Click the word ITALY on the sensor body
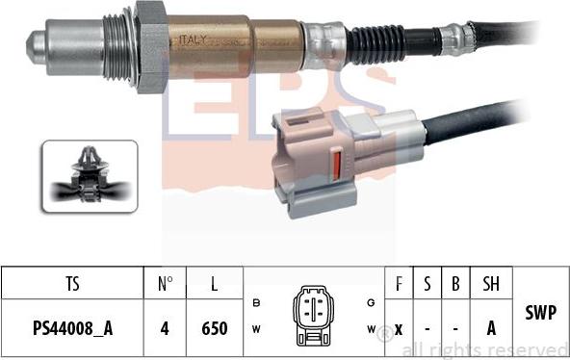pyautogui.click(x=191, y=39)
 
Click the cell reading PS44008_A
pyautogui.click(x=72, y=328)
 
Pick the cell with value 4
pyautogui.click(x=164, y=328)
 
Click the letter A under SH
pyautogui.click(x=490, y=328)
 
